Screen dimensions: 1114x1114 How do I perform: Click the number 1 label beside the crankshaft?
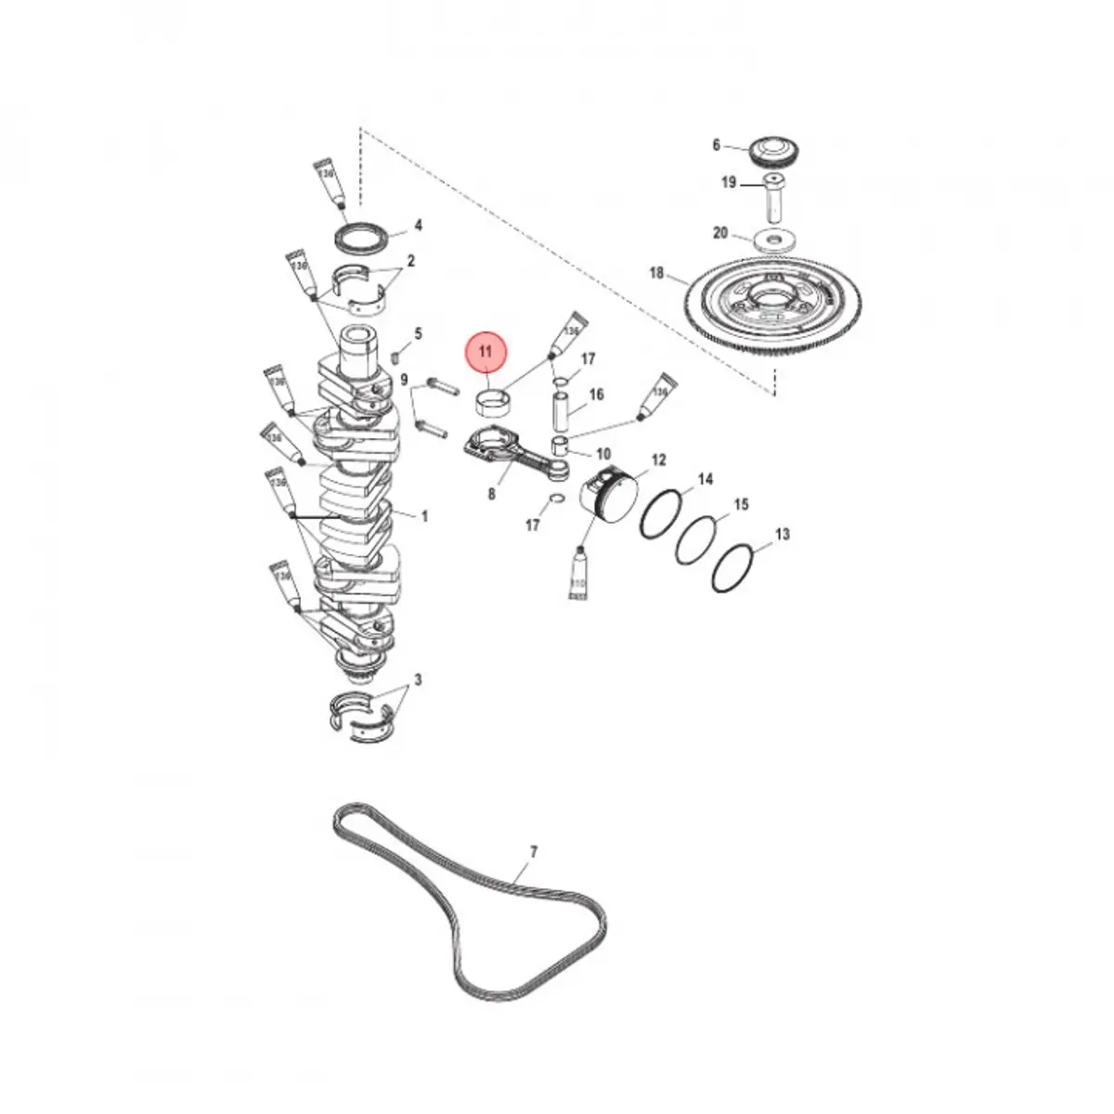[x=424, y=516]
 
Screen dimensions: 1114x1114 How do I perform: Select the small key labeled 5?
[x=395, y=355]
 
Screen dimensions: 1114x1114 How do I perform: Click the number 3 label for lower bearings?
[x=418, y=680]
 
